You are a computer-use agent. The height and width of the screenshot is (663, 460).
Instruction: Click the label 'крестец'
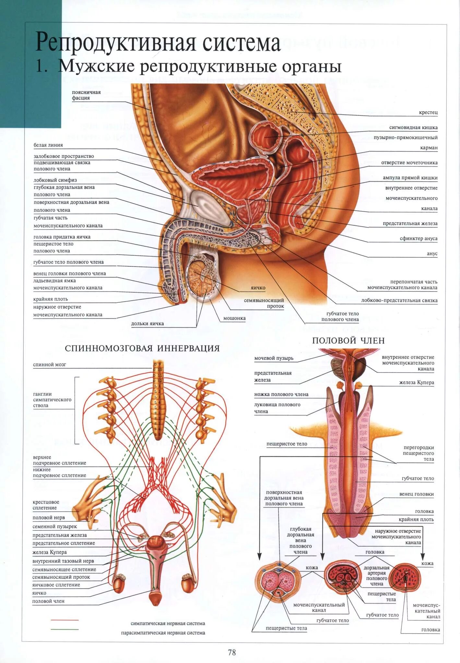(x=428, y=112)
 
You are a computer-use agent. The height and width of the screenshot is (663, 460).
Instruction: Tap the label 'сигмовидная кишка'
(x=413, y=128)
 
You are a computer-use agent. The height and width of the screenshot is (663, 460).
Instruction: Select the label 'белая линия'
(x=48, y=145)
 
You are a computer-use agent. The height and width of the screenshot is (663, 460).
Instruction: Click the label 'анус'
(x=432, y=254)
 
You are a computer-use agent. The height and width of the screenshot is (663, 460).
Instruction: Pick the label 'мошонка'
(x=234, y=318)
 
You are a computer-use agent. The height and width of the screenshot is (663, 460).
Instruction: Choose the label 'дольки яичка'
(x=147, y=323)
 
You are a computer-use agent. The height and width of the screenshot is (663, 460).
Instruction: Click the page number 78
(x=232, y=652)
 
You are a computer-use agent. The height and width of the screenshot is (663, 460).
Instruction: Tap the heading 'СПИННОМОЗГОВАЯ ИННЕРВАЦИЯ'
(x=142, y=348)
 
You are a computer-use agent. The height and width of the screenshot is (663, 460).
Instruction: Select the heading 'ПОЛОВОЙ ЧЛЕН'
(x=348, y=341)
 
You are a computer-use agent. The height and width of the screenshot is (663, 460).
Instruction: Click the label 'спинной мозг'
(x=49, y=365)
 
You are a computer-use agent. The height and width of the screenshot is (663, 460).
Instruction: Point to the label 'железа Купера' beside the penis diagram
(x=417, y=382)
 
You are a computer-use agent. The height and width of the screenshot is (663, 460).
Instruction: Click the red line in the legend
(x=65, y=620)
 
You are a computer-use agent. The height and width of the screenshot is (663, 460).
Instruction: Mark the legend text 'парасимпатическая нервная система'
(x=163, y=633)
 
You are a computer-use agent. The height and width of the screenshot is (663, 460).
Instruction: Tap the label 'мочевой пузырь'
(x=274, y=358)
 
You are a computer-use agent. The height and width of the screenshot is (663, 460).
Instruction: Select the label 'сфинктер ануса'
(x=419, y=239)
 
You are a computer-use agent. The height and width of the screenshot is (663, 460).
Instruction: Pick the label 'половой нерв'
(x=49, y=518)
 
